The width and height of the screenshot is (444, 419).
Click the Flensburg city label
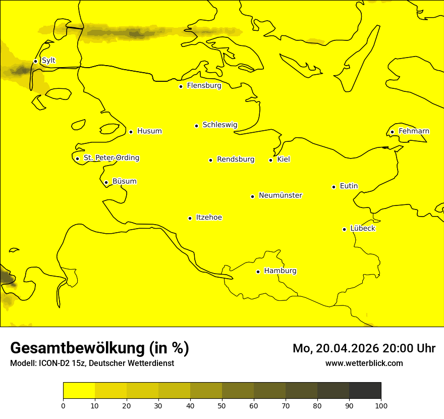pos(204,86)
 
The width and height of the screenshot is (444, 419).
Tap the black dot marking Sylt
pos(35,61)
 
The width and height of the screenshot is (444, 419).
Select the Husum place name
pos(149,131)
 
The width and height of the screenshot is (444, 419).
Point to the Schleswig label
pos(219,125)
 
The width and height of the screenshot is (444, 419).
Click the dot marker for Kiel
pos(270,160)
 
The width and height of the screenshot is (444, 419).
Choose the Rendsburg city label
pos(236,160)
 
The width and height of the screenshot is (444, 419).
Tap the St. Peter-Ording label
pos(111,158)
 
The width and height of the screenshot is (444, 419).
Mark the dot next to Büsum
pos(106,182)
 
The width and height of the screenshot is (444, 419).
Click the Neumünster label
pos(281,195)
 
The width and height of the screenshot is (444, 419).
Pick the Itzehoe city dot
pos(190,218)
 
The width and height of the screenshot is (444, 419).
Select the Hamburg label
pos(280,271)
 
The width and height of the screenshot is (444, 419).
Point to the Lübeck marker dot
pos(344,229)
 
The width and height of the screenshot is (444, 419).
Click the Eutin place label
pos(349,186)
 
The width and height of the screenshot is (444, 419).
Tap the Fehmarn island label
pos(414,131)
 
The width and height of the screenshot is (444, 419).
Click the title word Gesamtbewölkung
pos(77,348)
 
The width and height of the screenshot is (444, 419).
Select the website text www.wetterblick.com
pos(364,363)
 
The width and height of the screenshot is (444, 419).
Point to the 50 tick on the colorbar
pos(222,405)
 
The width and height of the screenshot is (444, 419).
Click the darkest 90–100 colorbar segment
pos(365,390)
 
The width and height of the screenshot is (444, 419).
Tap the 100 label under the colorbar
pos(381,405)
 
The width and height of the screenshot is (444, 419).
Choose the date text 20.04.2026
pos(349,348)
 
